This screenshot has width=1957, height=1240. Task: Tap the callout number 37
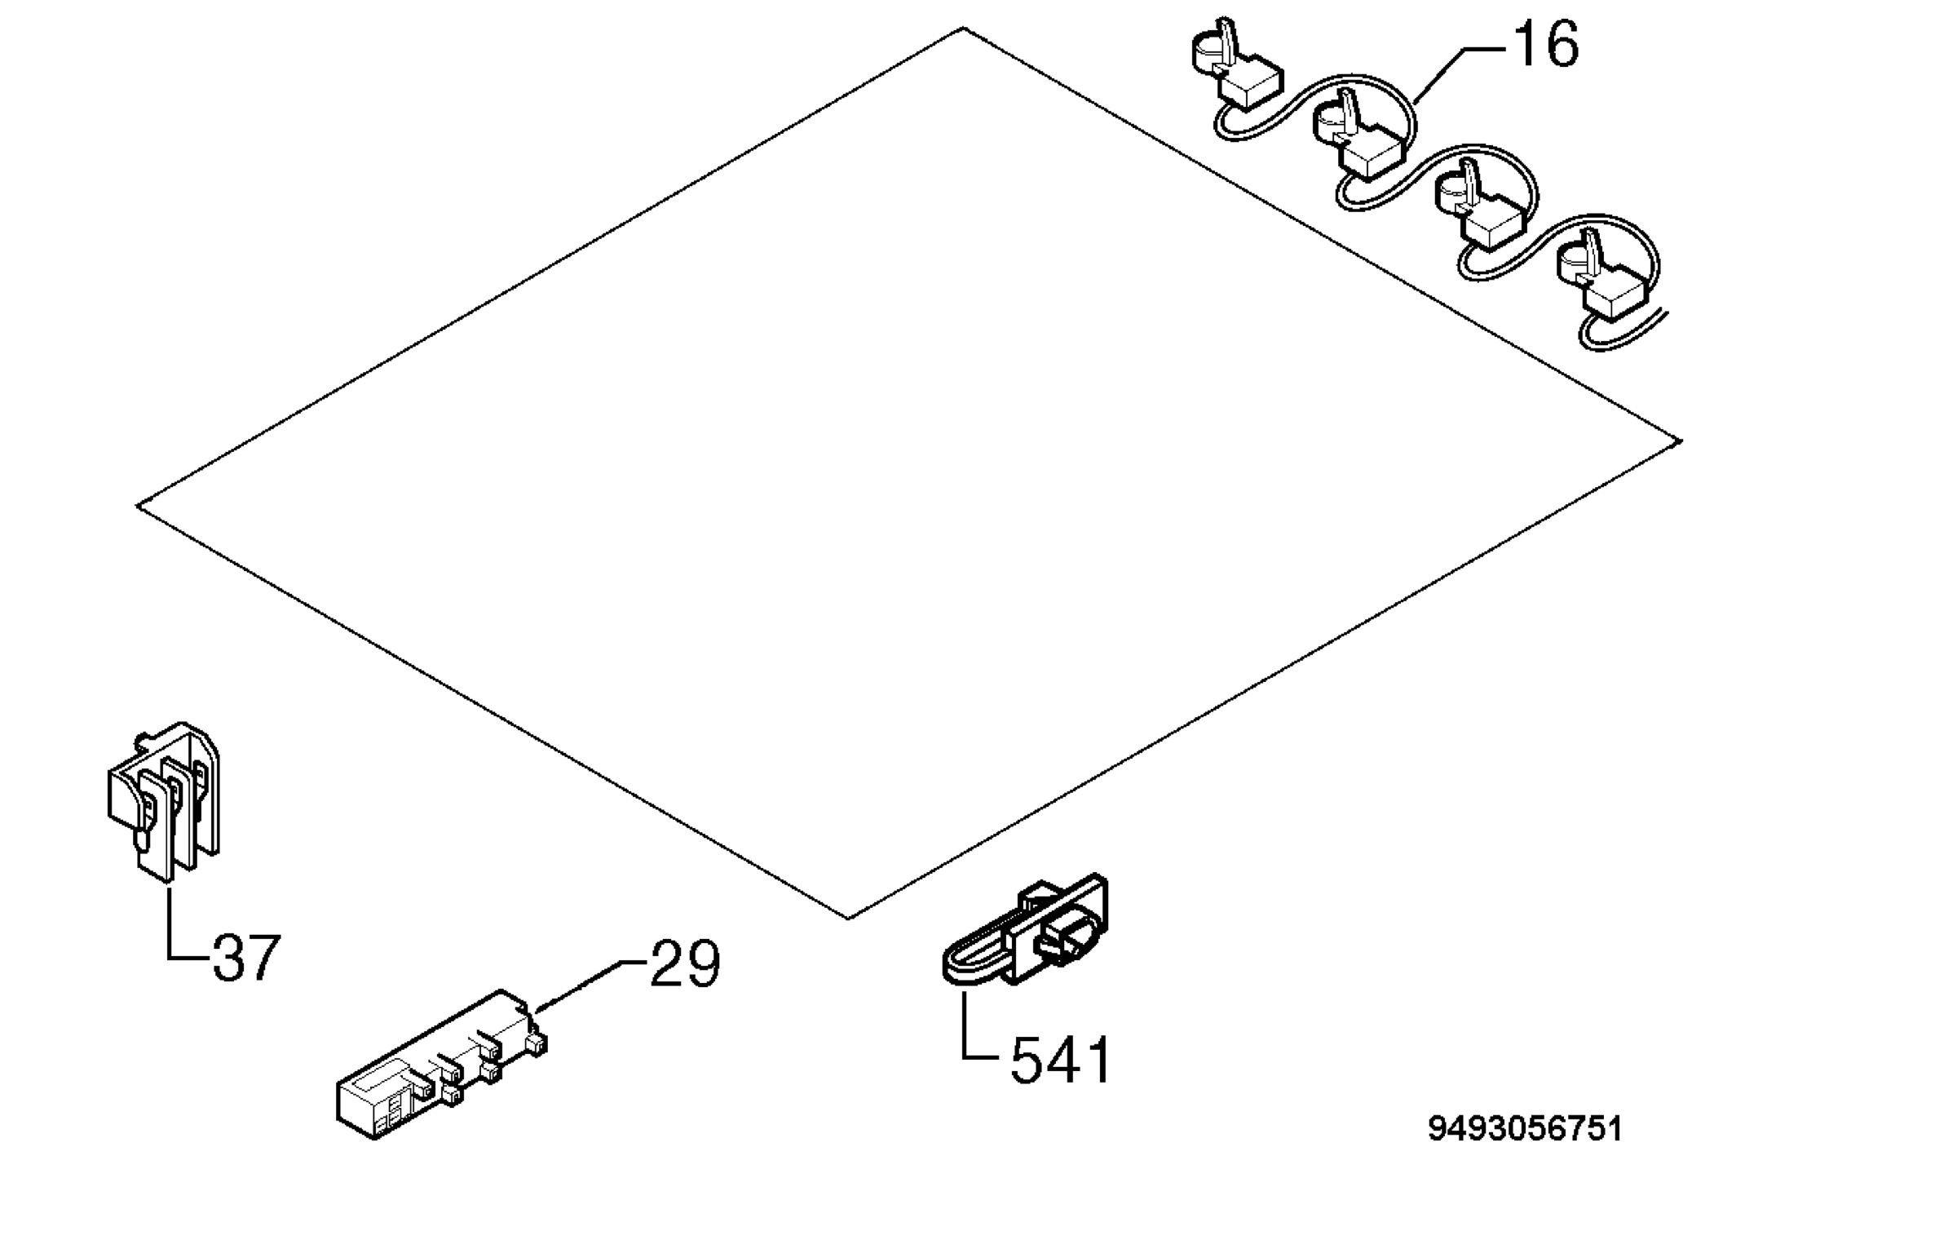[x=246, y=958]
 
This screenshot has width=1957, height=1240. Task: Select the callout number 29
[x=685, y=963]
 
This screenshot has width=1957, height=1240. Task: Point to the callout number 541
[x=1061, y=1060]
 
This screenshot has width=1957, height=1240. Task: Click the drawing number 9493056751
[x=1525, y=1129]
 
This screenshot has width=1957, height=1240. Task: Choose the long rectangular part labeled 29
[x=441, y=1065]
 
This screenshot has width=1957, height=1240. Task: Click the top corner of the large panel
[x=963, y=29]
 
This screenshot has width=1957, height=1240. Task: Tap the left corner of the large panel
[x=137, y=506]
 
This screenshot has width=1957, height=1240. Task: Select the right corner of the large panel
[x=1681, y=441]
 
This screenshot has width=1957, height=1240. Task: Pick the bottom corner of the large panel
[x=848, y=919]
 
